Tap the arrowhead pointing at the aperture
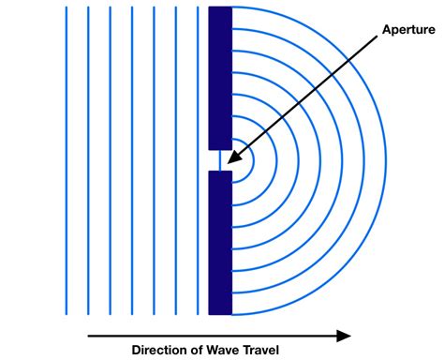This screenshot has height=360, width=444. coord(231,156)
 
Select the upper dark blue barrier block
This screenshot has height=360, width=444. coord(220,75)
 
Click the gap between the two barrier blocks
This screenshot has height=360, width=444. coord(220,159)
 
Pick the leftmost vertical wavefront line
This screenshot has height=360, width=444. coord(67,159)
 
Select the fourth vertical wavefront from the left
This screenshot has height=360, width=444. coord(131,159)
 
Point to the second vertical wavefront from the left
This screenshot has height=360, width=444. coord(88,159)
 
